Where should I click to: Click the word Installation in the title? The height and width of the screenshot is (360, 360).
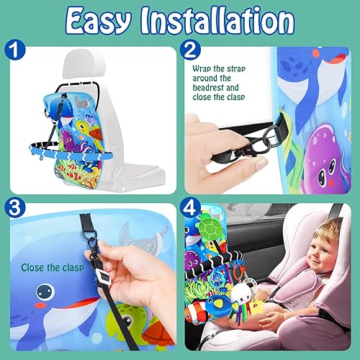click(x=215, y=22)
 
